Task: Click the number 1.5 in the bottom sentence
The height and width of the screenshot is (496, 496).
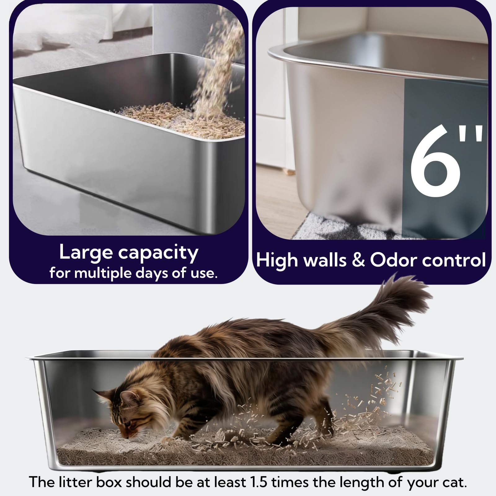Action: (x=257, y=482)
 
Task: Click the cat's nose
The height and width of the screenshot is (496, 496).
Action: (x=126, y=436)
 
